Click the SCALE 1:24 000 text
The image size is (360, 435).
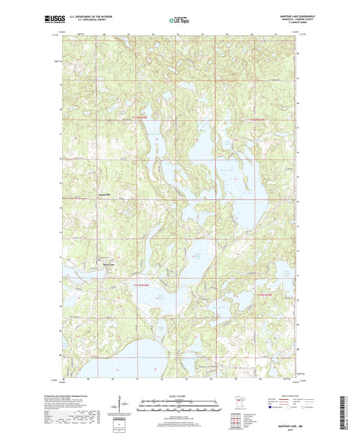click(180, 396)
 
